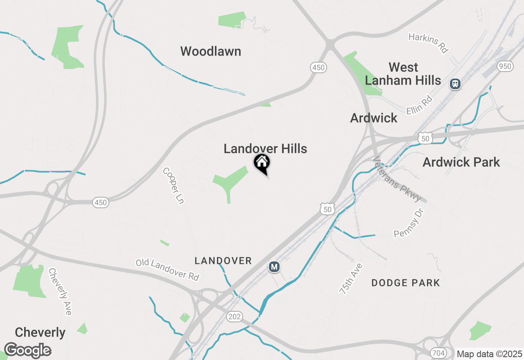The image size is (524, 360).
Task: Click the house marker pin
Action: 262,163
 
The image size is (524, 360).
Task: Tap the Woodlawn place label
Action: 210,52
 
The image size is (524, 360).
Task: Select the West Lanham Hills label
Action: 403,74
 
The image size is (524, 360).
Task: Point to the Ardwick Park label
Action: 461,162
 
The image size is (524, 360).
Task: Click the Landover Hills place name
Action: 265,148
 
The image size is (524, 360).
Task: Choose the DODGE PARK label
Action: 406,283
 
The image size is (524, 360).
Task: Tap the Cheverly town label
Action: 40,332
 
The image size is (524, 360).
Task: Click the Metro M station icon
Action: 274,267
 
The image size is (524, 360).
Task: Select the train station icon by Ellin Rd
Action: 455,84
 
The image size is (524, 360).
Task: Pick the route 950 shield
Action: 505,66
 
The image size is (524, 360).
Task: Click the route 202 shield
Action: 235,316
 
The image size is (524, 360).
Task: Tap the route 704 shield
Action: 438,353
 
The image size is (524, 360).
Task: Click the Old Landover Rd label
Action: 168,269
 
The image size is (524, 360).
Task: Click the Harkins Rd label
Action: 429,43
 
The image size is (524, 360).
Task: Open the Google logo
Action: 27,351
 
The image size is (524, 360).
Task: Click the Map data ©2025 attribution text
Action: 489,354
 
